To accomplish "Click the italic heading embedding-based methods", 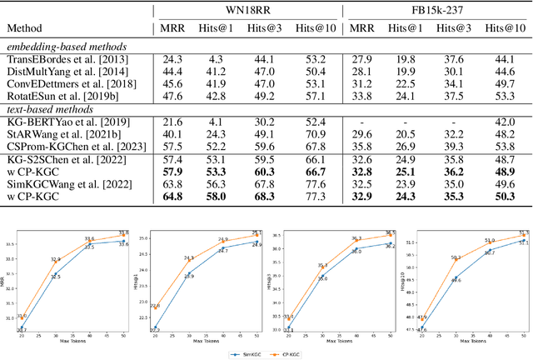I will tap(58, 46).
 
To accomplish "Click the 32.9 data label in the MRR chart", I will tap(55, 259).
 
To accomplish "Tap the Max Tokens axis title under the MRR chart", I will tap(72, 342).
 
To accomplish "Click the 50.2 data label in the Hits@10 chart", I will tap(456, 257).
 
